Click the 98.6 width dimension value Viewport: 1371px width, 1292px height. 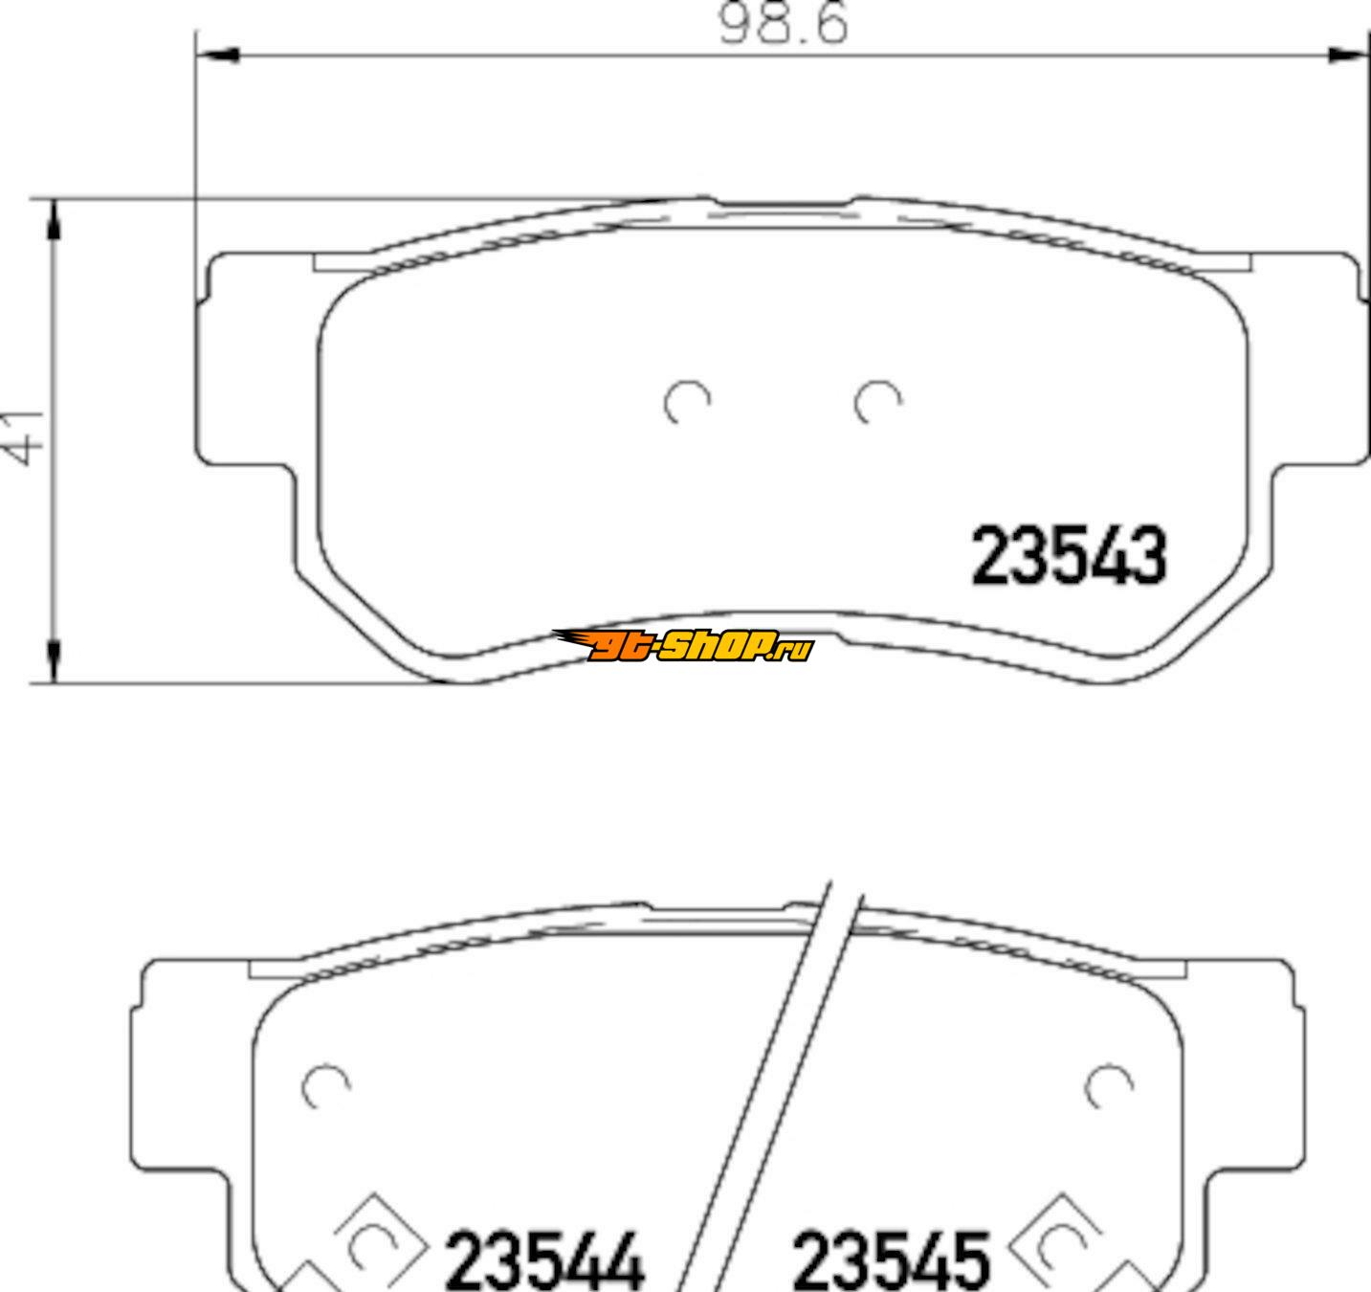(783, 24)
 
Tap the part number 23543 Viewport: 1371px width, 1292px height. (1069, 555)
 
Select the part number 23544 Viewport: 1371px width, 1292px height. (545, 1261)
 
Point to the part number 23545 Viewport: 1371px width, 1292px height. (892, 1261)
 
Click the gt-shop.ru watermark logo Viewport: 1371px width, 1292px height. (683, 645)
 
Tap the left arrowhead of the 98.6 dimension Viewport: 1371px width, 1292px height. (218, 55)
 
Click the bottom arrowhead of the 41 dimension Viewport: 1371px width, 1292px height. (54, 662)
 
